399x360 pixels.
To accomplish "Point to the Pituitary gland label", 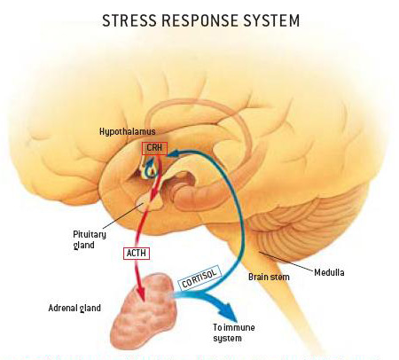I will [90, 239].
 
